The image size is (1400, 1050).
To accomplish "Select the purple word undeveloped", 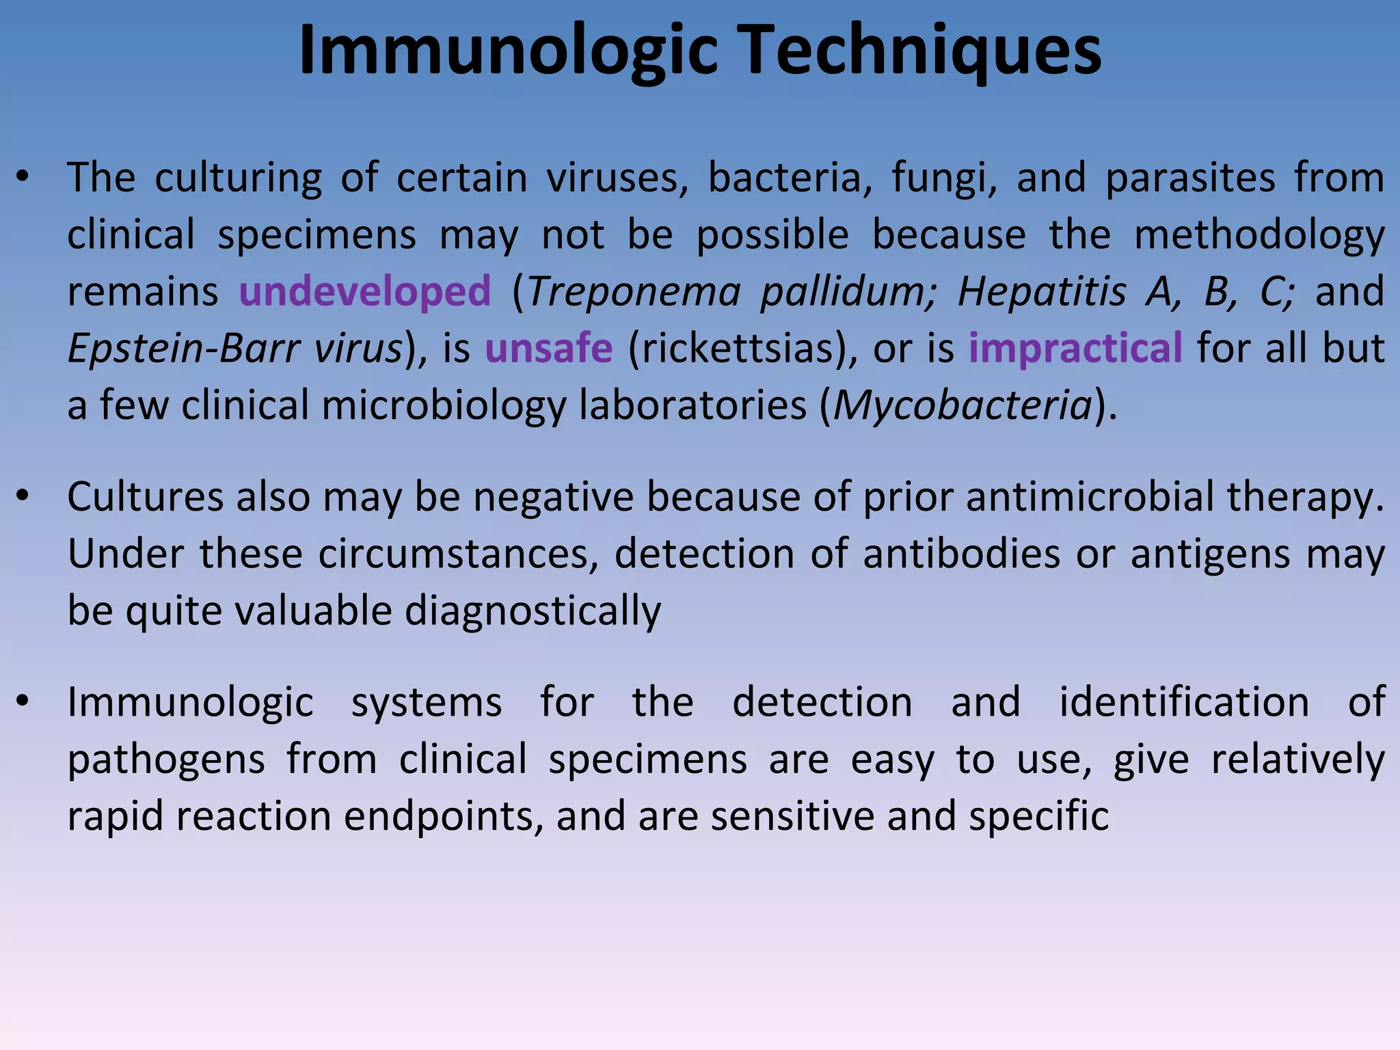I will [365, 291].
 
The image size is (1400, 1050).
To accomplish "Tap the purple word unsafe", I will [548, 348].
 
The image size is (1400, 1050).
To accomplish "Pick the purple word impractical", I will [1075, 348].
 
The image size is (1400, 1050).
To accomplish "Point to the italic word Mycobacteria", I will [962, 405].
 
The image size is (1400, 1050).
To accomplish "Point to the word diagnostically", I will [533, 610].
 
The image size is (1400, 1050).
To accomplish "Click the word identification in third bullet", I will [1184, 702].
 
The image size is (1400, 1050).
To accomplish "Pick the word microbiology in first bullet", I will [444, 405].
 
